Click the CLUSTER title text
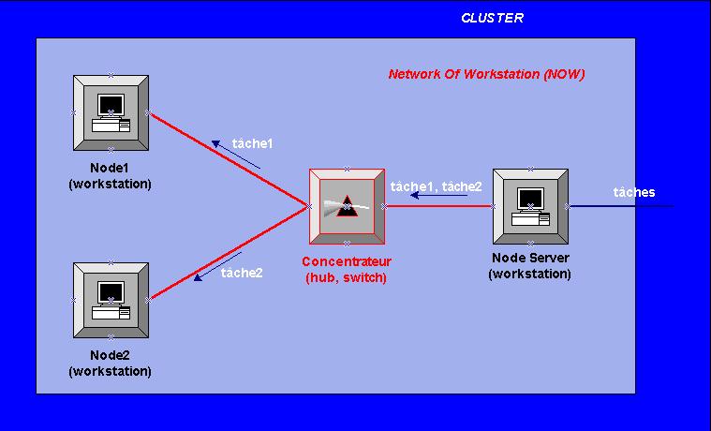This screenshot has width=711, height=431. [492, 18]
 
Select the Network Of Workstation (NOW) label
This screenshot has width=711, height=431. [486, 74]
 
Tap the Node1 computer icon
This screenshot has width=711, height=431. [111, 112]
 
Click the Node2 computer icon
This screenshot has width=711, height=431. [111, 300]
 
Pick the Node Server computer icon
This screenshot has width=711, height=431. [530, 206]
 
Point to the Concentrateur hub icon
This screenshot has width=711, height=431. [347, 206]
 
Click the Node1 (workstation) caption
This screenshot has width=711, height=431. [110, 176]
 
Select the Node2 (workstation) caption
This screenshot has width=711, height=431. [110, 364]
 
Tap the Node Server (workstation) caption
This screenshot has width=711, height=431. [529, 266]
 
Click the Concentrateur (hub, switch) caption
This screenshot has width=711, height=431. [346, 269]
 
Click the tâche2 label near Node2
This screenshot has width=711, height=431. [242, 273]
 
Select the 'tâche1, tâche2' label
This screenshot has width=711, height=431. [436, 186]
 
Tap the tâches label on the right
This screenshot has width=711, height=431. [634, 192]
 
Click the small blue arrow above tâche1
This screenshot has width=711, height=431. [235, 155]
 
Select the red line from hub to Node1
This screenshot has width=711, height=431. [230, 160]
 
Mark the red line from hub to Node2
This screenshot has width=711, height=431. [230, 255]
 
